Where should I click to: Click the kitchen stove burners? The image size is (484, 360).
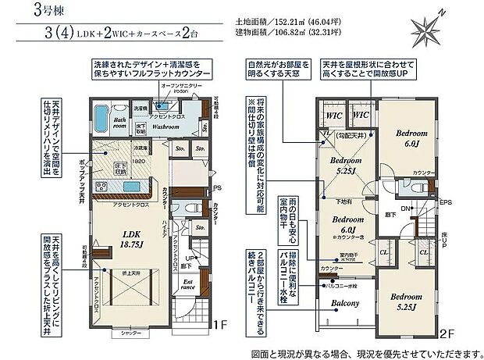[x=101, y=186]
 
